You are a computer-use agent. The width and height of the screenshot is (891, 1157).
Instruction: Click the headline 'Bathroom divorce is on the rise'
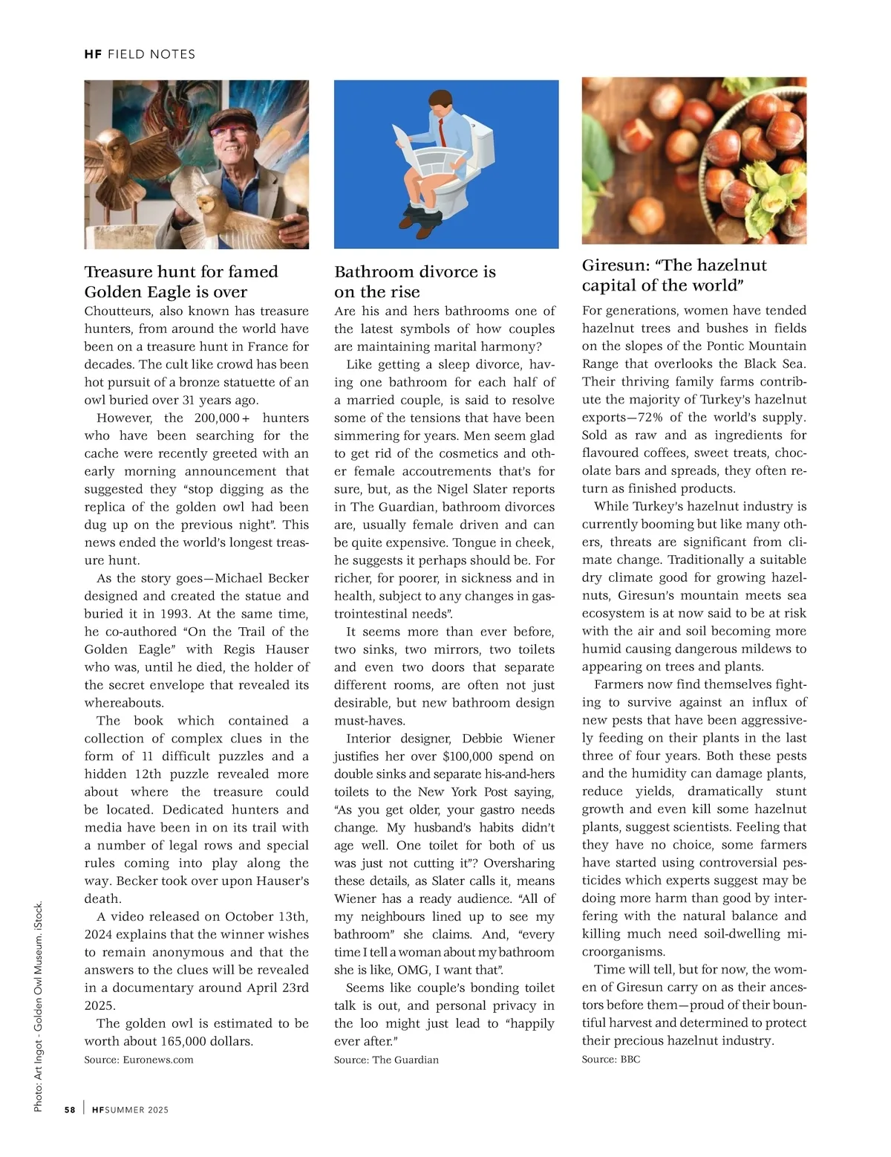[x=414, y=282]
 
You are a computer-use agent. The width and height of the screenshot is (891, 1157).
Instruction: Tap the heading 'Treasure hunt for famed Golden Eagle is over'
[x=181, y=282]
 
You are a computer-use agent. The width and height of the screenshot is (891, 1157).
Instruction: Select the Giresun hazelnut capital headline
[x=674, y=275]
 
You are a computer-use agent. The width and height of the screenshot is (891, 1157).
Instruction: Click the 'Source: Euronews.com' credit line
[x=139, y=1060]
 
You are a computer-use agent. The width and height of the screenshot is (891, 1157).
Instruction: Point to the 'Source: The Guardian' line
[x=386, y=1060]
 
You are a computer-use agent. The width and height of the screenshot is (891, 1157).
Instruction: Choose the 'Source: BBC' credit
[x=610, y=1059]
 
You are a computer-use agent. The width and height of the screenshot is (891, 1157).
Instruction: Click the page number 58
[x=70, y=1109]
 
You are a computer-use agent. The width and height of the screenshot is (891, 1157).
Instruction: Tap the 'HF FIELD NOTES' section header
[x=140, y=54]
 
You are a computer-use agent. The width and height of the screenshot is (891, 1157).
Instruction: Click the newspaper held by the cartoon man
[x=423, y=152]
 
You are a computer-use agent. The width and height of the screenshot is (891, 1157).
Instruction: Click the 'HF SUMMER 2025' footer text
[x=131, y=1109]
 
